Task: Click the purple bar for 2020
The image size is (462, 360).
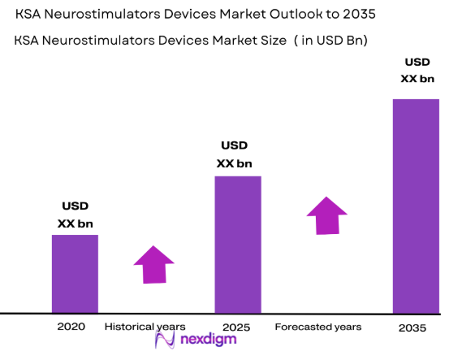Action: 75,274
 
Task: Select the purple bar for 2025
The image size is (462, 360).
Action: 237,244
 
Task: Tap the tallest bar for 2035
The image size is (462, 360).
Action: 416,206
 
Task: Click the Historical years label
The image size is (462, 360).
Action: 145,326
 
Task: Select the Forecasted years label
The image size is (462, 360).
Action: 317,326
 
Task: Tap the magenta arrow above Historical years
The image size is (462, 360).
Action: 153,264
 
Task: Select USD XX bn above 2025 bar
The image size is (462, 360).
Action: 234,154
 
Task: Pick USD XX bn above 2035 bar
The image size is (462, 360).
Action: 417,71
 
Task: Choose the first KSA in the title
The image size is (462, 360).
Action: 29,15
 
